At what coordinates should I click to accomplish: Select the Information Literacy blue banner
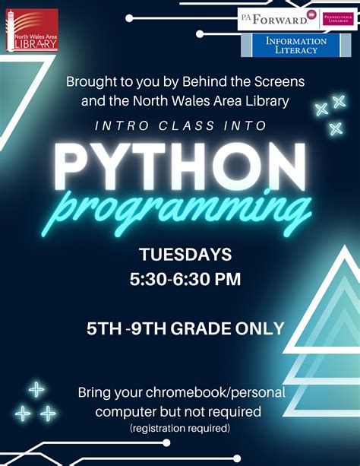click(295, 45)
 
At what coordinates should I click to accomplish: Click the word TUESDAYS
click(185, 254)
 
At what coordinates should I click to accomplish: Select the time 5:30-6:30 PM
click(185, 280)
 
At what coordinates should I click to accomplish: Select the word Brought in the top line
click(90, 80)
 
